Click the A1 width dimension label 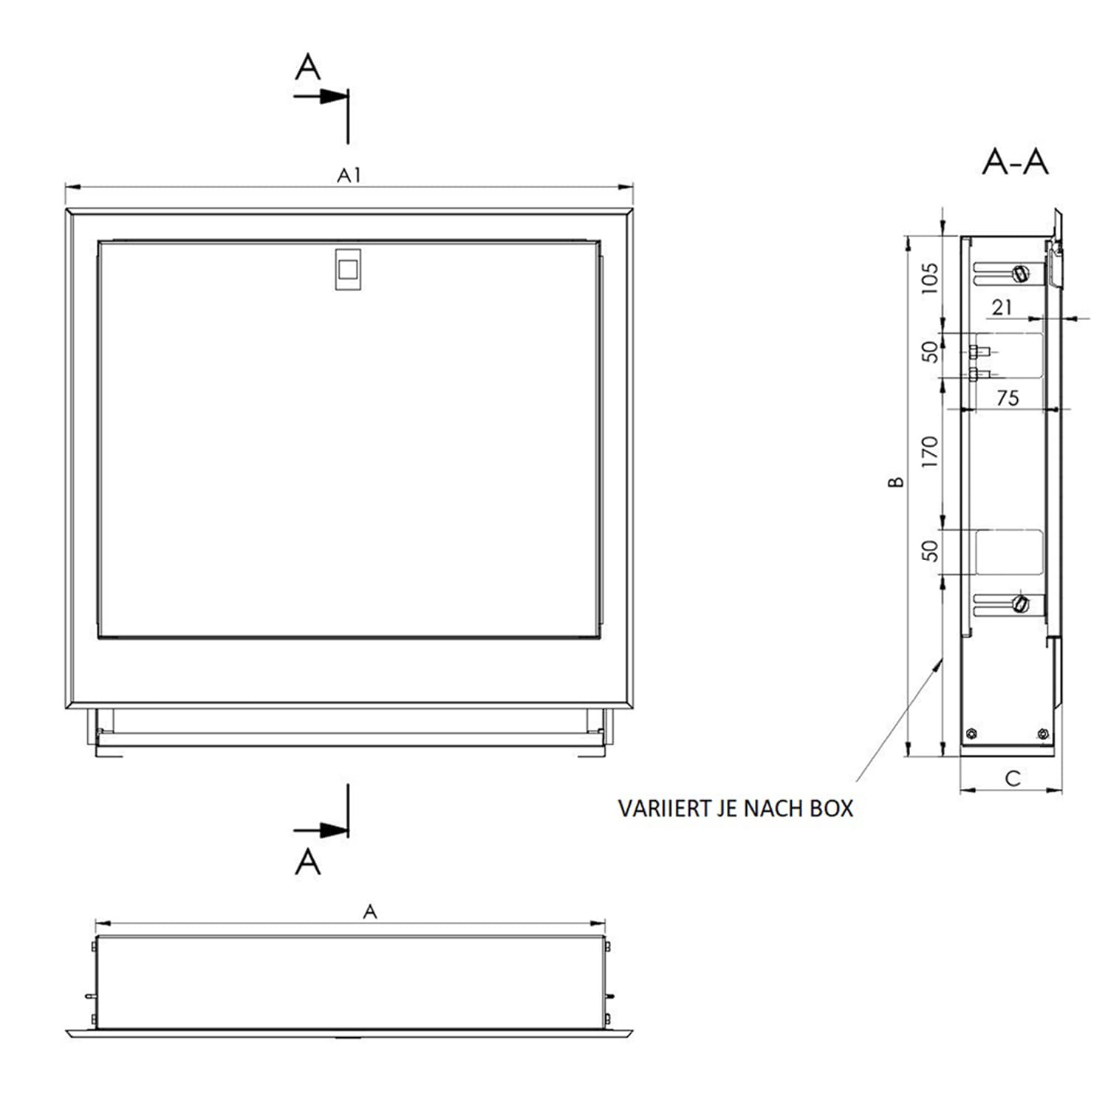[x=349, y=175]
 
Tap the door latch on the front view [x=348, y=269]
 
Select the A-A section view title [x=1015, y=162]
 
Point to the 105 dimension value [x=930, y=278]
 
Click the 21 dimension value [x=1002, y=307]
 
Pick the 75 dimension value [x=1008, y=398]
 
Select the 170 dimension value [x=930, y=451]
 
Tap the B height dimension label [x=895, y=482]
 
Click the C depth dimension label [x=1013, y=778]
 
